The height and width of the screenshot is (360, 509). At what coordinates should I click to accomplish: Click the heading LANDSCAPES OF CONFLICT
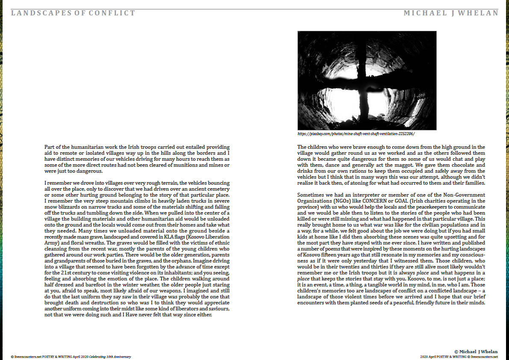click(x=73, y=13)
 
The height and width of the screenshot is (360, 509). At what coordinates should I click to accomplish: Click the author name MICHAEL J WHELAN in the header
click(x=451, y=13)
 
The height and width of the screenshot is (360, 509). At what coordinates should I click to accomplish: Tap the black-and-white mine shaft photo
click(x=367, y=80)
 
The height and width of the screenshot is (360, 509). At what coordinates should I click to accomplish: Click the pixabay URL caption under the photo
click(x=353, y=134)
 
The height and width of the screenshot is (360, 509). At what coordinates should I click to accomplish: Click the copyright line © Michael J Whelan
click(x=476, y=351)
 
